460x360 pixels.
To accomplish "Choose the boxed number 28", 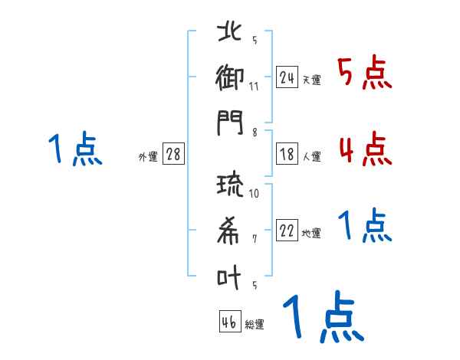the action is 173,154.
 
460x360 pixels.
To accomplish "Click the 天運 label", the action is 311,80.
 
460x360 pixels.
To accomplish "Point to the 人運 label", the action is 311,157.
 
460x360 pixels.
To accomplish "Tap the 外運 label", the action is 148,157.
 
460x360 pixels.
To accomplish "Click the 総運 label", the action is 254,325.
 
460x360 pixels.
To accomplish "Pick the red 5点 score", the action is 364,73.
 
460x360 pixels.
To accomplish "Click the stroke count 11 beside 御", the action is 254,86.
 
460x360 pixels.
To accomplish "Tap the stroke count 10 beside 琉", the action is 254,193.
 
